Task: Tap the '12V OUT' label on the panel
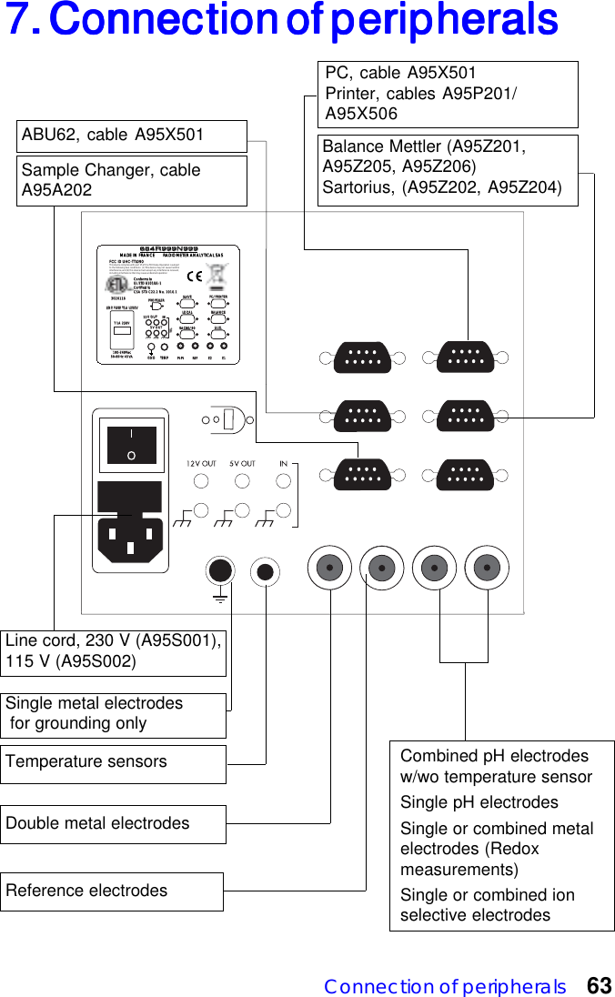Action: pyautogui.click(x=201, y=464)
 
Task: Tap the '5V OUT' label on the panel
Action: pyautogui.click(x=242, y=464)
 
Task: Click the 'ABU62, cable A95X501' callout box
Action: pyautogui.click(x=132, y=136)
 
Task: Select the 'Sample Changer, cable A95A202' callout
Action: pyautogui.click(x=132, y=180)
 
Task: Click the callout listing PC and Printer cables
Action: pyautogui.click(x=450, y=94)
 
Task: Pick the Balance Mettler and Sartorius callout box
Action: pyautogui.click(x=449, y=169)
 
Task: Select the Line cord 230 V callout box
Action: pyautogui.click(x=113, y=651)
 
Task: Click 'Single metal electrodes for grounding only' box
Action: pyautogui.click(x=113, y=714)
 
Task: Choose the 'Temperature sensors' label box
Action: pyautogui.click(x=113, y=763)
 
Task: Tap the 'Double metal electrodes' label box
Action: pyautogui.click(x=113, y=824)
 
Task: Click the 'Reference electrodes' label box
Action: pyautogui.click(x=113, y=891)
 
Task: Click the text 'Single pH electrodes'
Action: pyautogui.click(x=479, y=802)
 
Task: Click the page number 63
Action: pyautogui.click(x=599, y=986)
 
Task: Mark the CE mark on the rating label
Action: pyautogui.click(x=194, y=274)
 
